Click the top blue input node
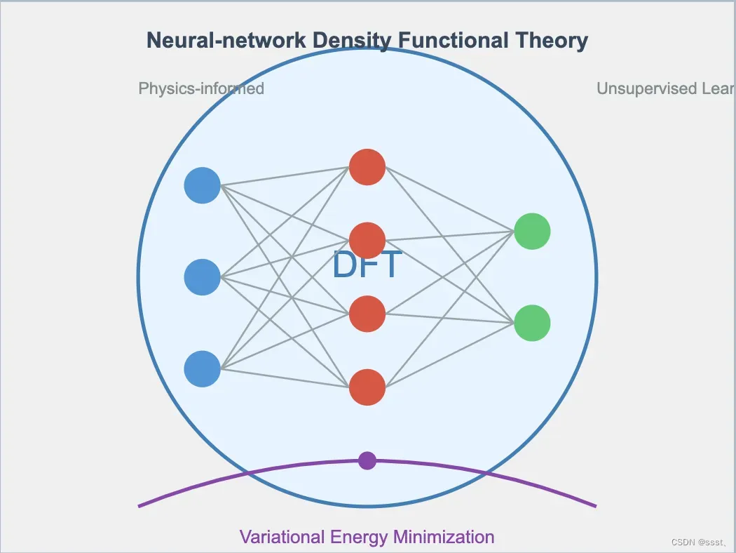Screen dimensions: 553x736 click(202, 185)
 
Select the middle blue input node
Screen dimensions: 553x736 click(202, 277)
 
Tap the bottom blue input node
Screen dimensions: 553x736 click(202, 368)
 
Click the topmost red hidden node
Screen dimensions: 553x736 click(367, 167)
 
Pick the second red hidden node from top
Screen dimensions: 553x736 click(367, 240)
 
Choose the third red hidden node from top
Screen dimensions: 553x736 click(367, 314)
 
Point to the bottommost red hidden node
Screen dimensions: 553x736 click(367, 387)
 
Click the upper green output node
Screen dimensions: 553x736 click(532, 231)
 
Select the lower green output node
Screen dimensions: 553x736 click(532, 323)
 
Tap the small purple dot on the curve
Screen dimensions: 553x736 click(367, 460)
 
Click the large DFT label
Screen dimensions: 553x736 click(367, 265)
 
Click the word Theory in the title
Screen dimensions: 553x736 click(552, 41)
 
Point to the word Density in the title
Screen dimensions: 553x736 click(352, 41)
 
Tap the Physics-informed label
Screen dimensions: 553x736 click(201, 88)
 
